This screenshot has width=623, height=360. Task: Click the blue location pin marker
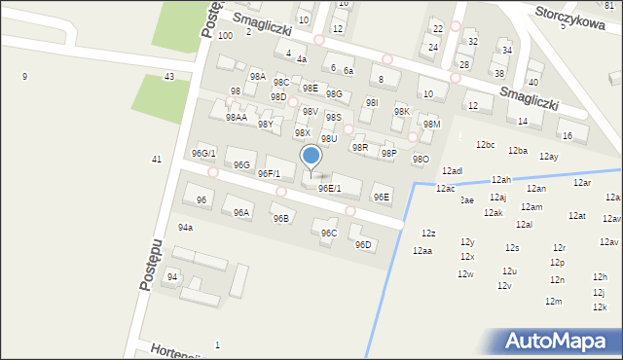(311, 157)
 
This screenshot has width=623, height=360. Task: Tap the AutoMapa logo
(561, 341)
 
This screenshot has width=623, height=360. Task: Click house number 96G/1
(203, 154)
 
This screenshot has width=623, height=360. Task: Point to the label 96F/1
(269, 174)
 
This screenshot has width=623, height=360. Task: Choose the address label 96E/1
(329, 189)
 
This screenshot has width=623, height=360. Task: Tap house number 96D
(363, 244)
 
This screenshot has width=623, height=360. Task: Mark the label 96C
(329, 233)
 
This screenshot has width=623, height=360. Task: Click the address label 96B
(280, 219)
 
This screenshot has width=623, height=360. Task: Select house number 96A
(240, 212)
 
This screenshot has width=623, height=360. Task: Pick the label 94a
(185, 228)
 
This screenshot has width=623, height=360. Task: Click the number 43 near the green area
(169, 76)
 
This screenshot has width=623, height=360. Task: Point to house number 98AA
(236, 117)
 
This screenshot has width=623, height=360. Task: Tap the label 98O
(420, 159)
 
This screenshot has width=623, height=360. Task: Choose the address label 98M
(431, 124)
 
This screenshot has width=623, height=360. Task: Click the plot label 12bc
(486, 145)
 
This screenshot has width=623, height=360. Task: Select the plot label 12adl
(452, 171)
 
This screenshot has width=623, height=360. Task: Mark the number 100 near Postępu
(225, 35)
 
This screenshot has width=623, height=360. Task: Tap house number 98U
(329, 139)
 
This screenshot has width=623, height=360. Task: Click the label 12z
(428, 234)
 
